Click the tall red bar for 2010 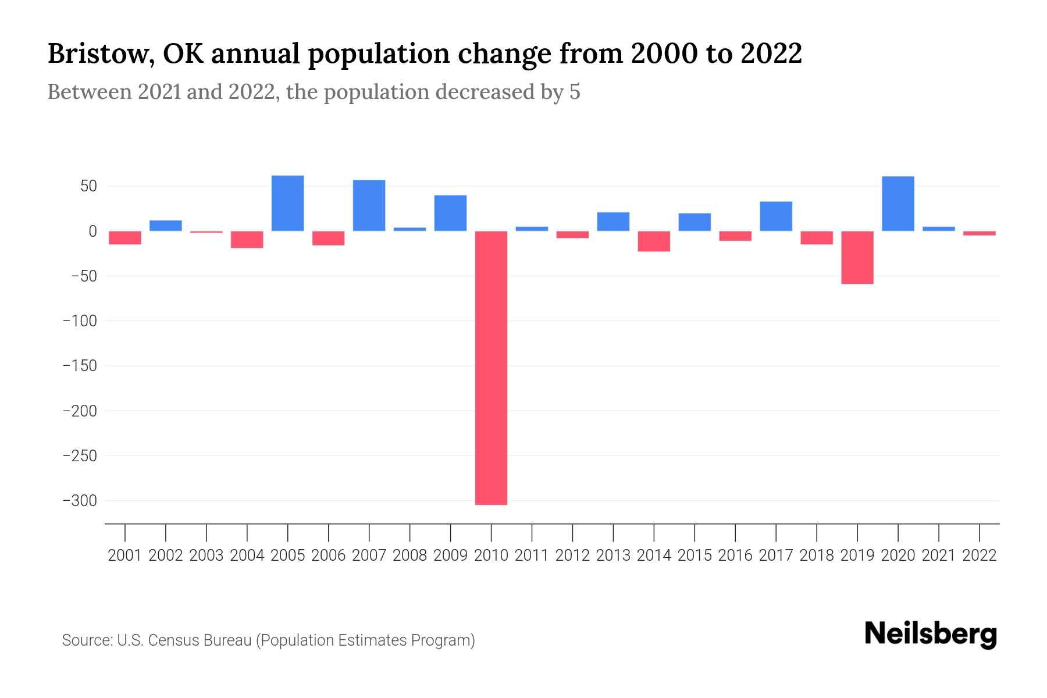click(491, 368)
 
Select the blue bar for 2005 click(287, 203)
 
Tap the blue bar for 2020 click(898, 204)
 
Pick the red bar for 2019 click(857, 257)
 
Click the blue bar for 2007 click(369, 205)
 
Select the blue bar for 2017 click(775, 216)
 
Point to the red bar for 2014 click(654, 241)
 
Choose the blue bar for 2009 click(450, 213)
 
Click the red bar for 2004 click(247, 239)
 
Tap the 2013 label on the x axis click(613, 555)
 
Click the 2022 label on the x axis click(980, 555)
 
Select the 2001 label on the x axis click(125, 555)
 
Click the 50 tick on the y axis click(88, 187)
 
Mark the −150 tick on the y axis click(80, 366)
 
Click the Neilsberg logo click(931, 634)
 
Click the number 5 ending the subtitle click(575, 92)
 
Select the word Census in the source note click(170, 640)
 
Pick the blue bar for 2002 click(166, 226)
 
